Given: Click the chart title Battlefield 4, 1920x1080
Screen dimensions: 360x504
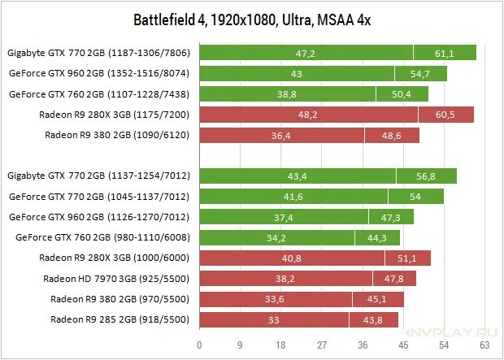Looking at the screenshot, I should (253, 18).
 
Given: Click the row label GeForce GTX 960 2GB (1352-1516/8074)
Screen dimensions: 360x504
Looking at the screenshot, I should (98, 73).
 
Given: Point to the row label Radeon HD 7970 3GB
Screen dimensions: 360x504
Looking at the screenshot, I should (116, 278).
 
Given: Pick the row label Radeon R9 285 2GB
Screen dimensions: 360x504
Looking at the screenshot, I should (119, 319).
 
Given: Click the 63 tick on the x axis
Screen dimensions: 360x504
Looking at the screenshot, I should (486, 343).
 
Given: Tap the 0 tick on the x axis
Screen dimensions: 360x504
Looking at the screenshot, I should (199, 343).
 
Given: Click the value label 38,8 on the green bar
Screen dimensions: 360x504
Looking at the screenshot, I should (286, 94).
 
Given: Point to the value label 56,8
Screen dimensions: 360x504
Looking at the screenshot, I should (425, 176).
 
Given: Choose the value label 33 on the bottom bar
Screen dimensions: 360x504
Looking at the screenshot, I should (273, 320).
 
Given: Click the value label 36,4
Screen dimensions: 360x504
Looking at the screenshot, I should (281, 136).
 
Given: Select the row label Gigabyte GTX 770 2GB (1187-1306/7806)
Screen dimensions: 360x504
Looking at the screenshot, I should (98, 53).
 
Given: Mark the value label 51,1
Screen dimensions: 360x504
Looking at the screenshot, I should (406, 258).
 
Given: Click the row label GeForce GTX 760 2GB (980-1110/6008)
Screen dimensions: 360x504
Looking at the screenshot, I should (102, 237).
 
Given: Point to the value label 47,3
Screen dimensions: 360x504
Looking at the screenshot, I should (390, 218).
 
